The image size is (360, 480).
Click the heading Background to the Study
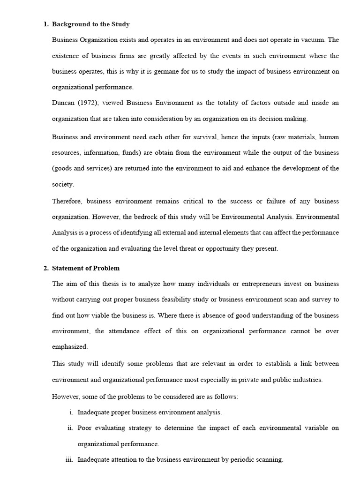click(90, 24)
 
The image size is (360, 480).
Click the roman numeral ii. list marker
click(71, 428)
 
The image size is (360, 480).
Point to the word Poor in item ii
click(85, 428)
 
